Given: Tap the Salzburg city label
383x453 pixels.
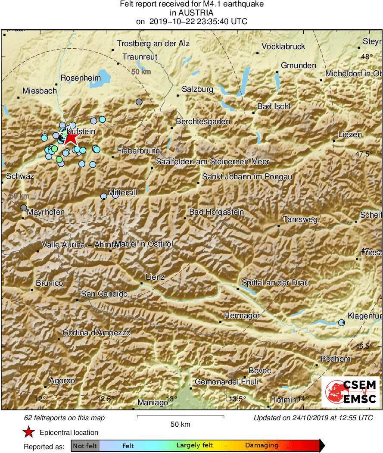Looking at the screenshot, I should point(197,89).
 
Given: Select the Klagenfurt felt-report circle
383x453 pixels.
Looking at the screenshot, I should point(342,322).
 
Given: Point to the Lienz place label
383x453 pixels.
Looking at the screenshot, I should point(155,277).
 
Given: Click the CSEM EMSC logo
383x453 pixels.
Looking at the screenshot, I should point(350,392).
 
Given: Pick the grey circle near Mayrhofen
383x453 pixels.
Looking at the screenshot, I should point(24,208).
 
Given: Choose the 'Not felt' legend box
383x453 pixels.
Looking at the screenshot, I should point(85,445).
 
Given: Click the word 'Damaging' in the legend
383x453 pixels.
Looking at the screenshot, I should point(262,445).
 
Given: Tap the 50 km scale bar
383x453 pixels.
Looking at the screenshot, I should point(180,416).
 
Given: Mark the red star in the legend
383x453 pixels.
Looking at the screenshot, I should point(28,432).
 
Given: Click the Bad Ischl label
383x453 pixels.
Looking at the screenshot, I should point(274,106).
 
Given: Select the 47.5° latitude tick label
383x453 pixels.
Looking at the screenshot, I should point(371,154).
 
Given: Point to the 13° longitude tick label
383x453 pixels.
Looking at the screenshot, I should point(172,399).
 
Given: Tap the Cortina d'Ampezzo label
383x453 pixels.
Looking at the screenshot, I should point(97,333).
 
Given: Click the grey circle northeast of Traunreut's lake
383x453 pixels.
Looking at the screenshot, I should point(139,102).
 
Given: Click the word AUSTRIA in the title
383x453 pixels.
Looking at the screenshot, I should point(191,12).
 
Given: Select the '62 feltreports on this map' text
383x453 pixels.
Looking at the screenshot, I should point(65,418).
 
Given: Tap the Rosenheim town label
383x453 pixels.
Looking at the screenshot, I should point(81,78).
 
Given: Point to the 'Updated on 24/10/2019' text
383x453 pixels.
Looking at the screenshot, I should point(313,418).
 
